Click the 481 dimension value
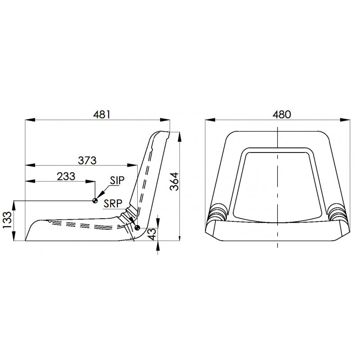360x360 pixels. [x=102, y=115]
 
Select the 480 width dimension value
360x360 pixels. [x=282, y=115]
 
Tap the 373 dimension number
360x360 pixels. [x=87, y=161]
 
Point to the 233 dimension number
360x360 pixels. [x=66, y=176]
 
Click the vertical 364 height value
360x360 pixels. [x=174, y=181]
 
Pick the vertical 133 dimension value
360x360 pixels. [x=8, y=220]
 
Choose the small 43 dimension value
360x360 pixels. [x=153, y=234]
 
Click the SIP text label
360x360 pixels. [x=117, y=180]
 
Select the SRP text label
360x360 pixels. [x=113, y=203]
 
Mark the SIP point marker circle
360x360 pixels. [x=95, y=201]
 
